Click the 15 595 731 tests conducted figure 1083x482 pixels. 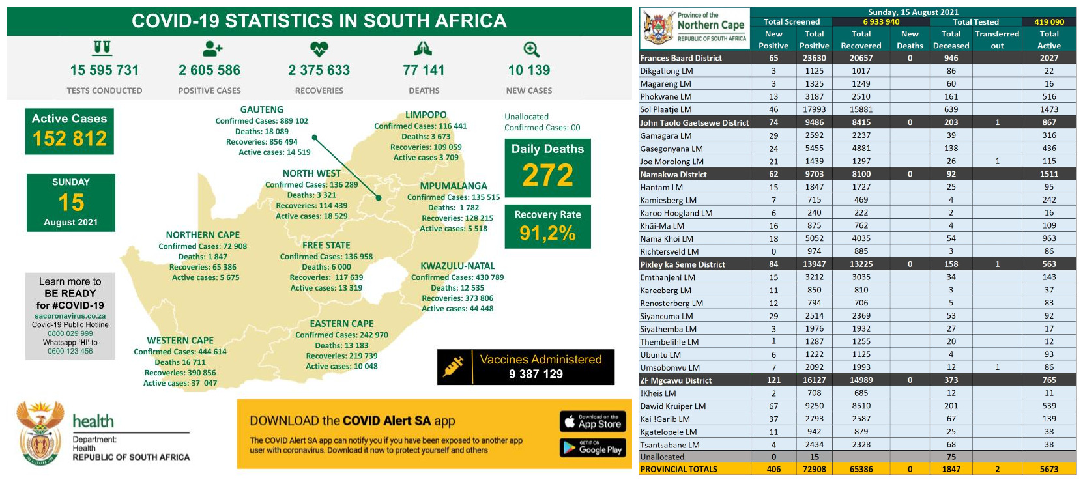coord(104,70)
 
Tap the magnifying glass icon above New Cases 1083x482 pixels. coord(531,50)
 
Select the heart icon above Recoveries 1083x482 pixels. coord(319,49)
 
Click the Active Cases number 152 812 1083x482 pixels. coord(70,139)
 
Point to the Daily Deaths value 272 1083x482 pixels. coord(547,175)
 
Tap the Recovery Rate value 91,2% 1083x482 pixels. coord(547,233)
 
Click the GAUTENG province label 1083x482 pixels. coord(261,110)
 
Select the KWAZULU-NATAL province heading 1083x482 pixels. coord(457,266)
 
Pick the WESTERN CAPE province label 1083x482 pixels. coord(180,340)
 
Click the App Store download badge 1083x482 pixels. coord(592,421)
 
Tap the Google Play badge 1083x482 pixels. coord(592,447)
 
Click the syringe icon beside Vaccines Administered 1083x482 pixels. coord(453,366)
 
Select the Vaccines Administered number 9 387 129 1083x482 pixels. coord(536,374)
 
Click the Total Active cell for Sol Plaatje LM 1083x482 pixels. coord(1048,109)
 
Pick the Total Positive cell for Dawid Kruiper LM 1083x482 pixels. coord(814,406)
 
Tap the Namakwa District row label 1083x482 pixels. coord(673,174)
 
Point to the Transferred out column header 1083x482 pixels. coord(997,40)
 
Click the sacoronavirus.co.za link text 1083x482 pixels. coord(70,316)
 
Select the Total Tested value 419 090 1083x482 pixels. coord(1049,21)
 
